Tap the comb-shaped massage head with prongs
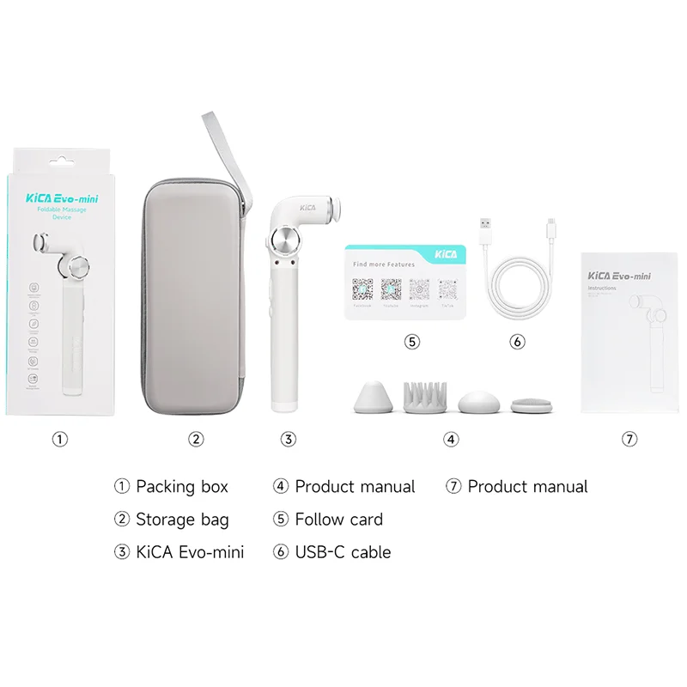click(x=422, y=394)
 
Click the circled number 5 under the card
click(x=412, y=341)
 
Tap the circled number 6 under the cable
click(x=517, y=341)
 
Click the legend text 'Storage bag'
click(x=182, y=520)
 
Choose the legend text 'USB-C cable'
click(x=343, y=552)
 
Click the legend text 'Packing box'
click(x=182, y=487)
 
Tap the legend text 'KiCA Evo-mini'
click(x=190, y=552)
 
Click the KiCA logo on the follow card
click(x=446, y=255)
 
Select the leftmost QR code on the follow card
click(x=362, y=289)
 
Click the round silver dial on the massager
click(x=283, y=242)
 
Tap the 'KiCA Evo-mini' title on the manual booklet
click(x=619, y=276)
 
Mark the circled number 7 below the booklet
click(x=630, y=439)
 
